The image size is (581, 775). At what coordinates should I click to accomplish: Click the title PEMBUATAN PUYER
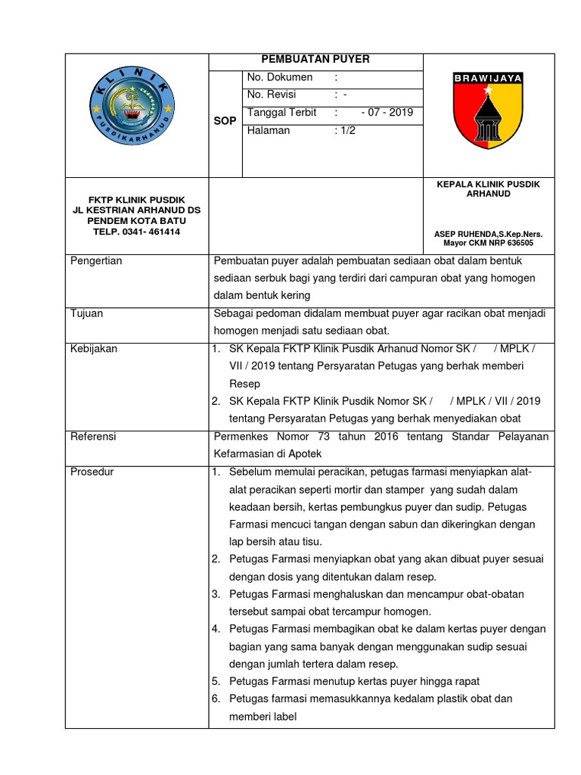pos(315,61)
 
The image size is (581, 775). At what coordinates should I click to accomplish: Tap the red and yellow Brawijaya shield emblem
pos(488,111)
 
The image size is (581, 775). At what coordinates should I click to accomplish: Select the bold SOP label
pos(225,121)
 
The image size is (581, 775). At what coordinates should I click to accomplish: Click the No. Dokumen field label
pos(280,78)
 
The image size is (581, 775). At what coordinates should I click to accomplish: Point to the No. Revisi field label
pos(272,95)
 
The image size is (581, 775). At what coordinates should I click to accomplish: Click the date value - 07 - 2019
pos(387,113)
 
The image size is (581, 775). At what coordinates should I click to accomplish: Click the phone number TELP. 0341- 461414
pos(137,232)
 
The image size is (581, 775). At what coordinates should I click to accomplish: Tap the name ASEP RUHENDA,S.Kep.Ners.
pos(488,235)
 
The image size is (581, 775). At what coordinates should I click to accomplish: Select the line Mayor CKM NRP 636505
pos(488,244)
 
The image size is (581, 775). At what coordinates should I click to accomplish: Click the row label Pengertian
pos(96,261)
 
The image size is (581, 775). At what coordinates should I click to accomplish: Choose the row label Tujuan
pos(87,313)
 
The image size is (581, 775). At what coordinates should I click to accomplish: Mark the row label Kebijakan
pos(94,349)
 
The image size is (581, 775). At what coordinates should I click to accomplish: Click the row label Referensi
pos(95,437)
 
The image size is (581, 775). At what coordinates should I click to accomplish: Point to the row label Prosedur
pos(92,472)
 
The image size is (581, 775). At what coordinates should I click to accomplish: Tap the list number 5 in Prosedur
pos(216,681)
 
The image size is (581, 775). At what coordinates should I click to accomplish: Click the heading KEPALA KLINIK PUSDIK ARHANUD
pos(488,189)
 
